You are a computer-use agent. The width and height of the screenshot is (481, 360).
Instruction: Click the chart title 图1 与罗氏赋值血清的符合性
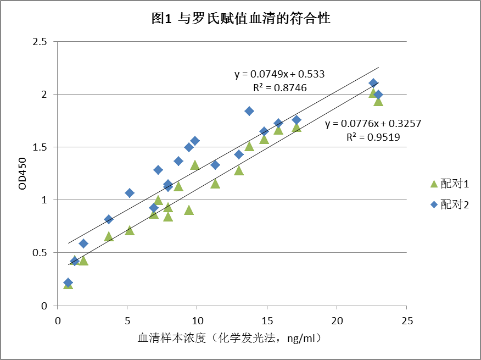pyautogui.click(x=240, y=19)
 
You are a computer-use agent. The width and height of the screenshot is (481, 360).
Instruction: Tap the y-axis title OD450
pyautogui.click(x=23, y=174)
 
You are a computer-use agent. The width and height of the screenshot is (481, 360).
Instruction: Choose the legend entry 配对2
pyautogui.click(x=450, y=204)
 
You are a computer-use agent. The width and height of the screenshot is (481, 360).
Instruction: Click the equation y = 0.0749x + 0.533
pyautogui.click(x=279, y=74)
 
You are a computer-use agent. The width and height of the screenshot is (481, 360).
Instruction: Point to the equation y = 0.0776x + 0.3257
pyautogui.click(x=373, y=124)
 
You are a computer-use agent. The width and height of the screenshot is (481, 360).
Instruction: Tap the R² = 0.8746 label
pyautogui.click(x=279, y=87)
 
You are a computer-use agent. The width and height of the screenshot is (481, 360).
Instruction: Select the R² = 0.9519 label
pyautogui.click(x=373, y=137)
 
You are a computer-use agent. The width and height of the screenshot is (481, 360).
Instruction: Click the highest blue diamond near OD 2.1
pyautogui.click(x=373, y=83)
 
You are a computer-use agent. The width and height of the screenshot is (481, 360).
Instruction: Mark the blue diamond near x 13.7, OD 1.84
pyautogui.click(x=249, y=111)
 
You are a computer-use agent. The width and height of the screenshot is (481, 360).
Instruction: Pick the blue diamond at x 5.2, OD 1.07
pyautogui.click(x=130, y=193)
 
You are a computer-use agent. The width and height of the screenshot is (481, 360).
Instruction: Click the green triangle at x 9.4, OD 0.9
pyautogui.click(x=189, y=210)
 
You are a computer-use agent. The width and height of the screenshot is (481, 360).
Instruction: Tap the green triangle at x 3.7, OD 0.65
pyautogui.click(x=109, y=237)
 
